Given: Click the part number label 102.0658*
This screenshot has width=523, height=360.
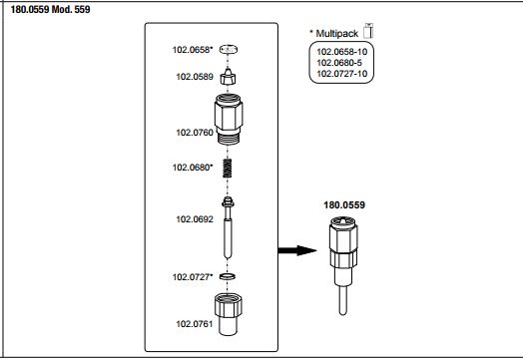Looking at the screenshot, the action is point(193,50).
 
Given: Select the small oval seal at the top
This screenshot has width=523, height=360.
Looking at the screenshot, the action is point(229,50).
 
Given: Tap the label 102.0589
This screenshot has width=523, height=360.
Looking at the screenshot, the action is point(195,77).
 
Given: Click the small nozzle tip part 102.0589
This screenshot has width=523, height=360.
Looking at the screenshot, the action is point(228,77).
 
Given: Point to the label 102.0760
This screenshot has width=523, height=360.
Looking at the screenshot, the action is point(195,133).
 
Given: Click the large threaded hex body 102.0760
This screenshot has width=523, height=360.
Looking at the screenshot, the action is point(229,120).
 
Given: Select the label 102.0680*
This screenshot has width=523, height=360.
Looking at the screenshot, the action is point(193,167).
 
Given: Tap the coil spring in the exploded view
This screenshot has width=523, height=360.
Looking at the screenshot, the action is point(228,168).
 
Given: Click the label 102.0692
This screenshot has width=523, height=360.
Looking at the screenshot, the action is point(195,219).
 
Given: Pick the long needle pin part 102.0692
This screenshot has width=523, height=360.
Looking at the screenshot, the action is point(228,228).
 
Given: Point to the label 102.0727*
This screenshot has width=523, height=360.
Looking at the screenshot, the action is point(193,277).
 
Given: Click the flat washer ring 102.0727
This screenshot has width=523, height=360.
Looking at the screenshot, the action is point(228,276).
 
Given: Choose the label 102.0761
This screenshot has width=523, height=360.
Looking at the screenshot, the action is point(195,324).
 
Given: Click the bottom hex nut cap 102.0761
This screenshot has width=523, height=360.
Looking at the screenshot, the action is point(229,314).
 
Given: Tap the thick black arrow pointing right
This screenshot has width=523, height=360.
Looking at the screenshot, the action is point(297,250).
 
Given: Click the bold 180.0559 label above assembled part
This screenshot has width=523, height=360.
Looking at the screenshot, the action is point(344,204).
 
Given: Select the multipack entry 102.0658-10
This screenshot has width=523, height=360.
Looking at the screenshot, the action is point(342,52).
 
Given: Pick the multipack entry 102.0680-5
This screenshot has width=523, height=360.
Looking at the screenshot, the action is point(339,63).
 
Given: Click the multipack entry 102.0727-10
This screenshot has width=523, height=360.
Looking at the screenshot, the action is point(342,74).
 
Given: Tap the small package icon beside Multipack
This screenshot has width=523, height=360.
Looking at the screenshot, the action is point(368,31).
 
